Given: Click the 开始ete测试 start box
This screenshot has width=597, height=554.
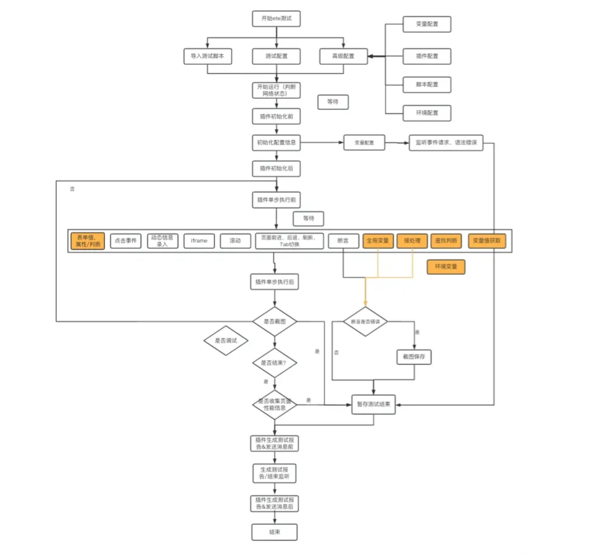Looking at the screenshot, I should pos(276,19).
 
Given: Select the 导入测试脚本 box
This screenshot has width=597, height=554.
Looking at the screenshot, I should pos(207,56).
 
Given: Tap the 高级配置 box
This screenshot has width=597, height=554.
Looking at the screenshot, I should pos(344,56).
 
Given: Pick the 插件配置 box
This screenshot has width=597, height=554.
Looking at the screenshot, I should pos(427,56).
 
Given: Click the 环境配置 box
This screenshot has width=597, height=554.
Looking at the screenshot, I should pos(427,113).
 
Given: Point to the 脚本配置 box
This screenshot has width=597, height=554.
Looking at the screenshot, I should pos(427,84).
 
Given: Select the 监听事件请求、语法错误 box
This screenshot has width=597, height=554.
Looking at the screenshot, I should pos(446,143).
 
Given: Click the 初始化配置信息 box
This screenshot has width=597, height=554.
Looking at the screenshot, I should pos(276,143).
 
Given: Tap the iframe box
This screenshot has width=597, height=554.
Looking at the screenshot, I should pos(199,241).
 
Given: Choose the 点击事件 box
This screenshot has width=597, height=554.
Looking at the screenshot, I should pos(126,241).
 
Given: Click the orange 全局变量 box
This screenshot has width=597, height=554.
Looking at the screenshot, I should pos(378,241).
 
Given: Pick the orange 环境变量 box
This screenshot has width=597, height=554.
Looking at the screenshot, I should pos(445,267).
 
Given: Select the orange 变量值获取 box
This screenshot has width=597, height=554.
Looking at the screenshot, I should pos(487,241).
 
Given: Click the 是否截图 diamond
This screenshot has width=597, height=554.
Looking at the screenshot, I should pos(275,322).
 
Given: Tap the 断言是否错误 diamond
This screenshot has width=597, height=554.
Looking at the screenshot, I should pos(365,322).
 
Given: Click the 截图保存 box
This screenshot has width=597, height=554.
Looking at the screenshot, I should pos(412,357).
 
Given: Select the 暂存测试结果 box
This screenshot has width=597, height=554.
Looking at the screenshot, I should pos(374,405).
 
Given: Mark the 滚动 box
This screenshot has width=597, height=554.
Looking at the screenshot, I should pos(235,241).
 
